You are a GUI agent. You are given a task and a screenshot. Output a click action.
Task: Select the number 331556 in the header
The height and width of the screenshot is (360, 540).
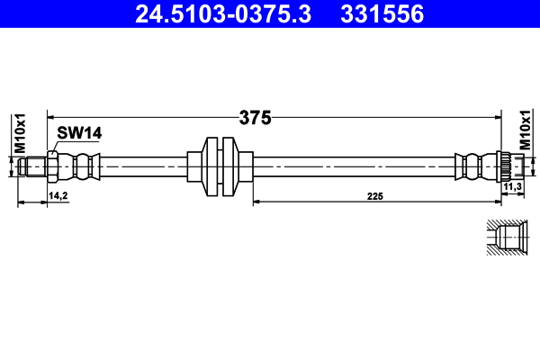(379, 13)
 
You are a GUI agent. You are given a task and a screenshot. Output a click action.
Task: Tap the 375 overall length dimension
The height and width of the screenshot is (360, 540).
(256, 117)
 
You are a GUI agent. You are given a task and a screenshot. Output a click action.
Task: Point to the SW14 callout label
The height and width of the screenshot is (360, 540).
(79, 133)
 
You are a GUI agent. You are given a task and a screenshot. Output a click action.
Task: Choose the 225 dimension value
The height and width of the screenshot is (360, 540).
(374, 194)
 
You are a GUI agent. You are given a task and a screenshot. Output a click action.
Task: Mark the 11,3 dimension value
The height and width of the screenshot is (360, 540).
(513, 186)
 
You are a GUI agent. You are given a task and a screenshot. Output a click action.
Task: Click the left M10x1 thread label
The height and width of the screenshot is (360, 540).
(16, 132)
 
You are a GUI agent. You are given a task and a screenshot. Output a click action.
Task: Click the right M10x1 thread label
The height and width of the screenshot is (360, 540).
(525, 130)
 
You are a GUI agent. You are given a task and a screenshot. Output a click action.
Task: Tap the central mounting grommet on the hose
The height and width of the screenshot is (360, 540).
(220, 166)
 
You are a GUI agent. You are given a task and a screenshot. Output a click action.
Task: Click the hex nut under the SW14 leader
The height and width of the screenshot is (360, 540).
(53, 166)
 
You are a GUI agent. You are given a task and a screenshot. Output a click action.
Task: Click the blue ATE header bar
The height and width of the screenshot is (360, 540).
(270, 13)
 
